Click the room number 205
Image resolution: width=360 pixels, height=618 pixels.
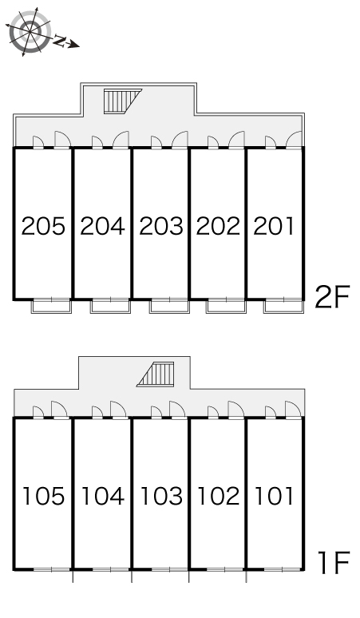tap(43, 226)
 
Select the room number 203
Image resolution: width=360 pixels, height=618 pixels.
tap(161, 226)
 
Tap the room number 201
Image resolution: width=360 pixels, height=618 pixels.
tap(274, 226)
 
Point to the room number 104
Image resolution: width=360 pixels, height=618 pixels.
tap(102, 496)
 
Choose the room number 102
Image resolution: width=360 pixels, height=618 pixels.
tap(218, 496)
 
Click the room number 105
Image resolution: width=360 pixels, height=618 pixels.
tap(44, 496)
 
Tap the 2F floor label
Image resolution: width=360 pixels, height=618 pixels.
tap(332, 297)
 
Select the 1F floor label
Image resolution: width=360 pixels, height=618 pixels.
tap(334, 563)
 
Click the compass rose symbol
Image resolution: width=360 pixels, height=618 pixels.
tap(30, 31)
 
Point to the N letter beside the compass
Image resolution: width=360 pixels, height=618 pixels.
tap(60, 40)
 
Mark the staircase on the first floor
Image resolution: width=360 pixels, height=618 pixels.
tap(156, 374)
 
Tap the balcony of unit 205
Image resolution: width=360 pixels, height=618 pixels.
tap(51, 307)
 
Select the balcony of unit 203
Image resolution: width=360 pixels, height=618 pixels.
tap(169, 307)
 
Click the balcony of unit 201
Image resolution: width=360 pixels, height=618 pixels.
tap(284, 307)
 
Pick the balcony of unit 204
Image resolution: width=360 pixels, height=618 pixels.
tap(110, 307)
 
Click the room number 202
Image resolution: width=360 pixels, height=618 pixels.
tap(218, 226)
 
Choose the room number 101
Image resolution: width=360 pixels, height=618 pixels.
tap(274, 496)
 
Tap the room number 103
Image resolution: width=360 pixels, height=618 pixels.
tap(161, 496)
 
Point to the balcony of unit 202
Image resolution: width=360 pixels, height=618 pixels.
tap(226, 307)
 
